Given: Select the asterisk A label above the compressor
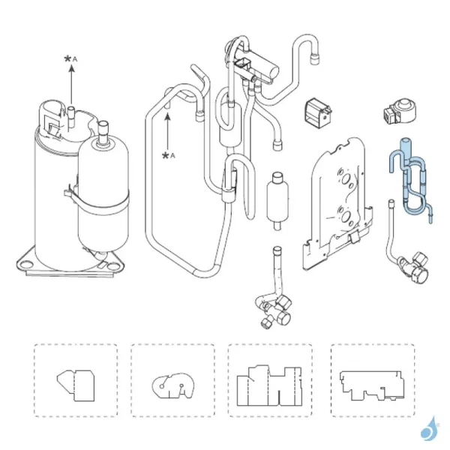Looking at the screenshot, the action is [70, 59].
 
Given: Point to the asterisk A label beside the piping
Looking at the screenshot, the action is [169, 156].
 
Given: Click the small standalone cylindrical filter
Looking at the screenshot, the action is [277, 200].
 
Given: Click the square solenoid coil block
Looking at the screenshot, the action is [318, 111].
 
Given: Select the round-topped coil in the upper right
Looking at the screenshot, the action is [400, 111].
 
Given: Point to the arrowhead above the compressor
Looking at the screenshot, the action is [72, 68].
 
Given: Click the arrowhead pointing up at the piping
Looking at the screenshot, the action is [167, 117].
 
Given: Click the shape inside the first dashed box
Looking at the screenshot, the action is [76, 385].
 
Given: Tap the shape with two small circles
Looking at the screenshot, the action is [172, 386].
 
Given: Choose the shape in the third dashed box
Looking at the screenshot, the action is [269, 385].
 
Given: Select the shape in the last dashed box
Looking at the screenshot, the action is [372, 385].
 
